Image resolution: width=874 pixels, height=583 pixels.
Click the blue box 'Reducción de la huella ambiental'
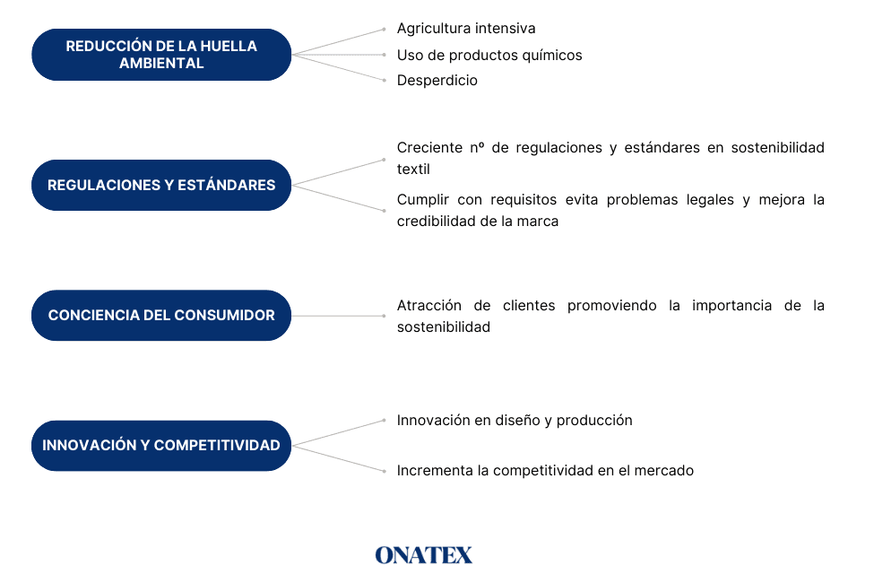pos(161,55)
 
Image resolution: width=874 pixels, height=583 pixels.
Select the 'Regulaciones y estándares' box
pos(161,186)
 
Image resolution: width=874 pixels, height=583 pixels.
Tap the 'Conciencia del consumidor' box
pos(161,315)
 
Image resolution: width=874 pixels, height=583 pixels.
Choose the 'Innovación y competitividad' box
pos(161,446)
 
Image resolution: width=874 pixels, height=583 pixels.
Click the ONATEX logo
pos(424,555)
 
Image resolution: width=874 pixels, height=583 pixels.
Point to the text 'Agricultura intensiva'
pos(466,29)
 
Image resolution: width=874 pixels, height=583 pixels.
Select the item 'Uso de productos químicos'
pos(489,56)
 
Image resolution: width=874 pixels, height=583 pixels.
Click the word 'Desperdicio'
pos(437,81)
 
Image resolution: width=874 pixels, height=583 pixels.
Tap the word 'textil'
pos(413,169)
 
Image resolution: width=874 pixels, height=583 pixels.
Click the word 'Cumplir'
pos(422,200)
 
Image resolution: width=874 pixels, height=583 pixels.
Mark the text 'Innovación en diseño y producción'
pos(515,421)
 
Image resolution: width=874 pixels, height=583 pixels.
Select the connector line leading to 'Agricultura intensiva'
pos(338,42)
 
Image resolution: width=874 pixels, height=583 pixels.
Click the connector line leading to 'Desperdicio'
pos(338,67)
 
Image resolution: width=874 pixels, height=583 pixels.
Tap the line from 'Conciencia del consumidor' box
pos(338,316)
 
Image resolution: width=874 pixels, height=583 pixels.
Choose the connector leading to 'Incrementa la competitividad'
pos(338,458)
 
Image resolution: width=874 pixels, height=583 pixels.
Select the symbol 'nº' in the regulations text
pos(477,148)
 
